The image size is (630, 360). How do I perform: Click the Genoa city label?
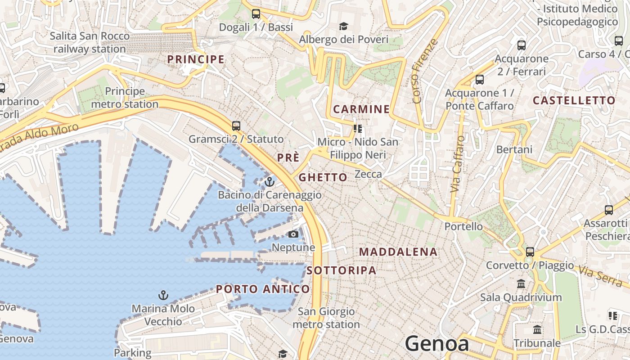pyautogui.click(x=437, y=344)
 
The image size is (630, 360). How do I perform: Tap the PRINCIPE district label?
pyautogui.click(x=196, y=59)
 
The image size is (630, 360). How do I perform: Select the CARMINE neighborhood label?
pyautogui.click(x=361, y=109)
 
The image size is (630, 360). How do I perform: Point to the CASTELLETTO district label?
pyautogui.click(x=574, y=100)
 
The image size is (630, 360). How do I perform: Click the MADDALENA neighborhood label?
pyautogui.click(x=398, y=252)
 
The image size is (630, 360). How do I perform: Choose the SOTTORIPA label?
pyautogui.click(x=342, y=270)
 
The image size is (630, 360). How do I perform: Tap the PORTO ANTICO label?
pyautogui.click(x=263, y=289)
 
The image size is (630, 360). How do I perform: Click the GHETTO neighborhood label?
pyautogui.click(x=323, y=177)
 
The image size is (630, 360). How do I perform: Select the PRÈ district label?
pyautogui.click(x=288, y=157)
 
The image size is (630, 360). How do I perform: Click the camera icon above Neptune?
pyautogui.click(x=293, y=234)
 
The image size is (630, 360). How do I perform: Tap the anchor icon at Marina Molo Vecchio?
pyautogui.click(x=163, y=295)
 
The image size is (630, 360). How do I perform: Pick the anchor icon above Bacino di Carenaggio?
pyautogui.click(x=270, y=182)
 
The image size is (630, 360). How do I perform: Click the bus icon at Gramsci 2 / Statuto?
pyautogui.click(x=236, y=126)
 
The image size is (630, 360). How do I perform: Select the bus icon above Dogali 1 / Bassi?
pyautogui.click(x=256, y=14)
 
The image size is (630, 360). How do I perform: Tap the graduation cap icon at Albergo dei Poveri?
pyautogui.click(x=344, y=26)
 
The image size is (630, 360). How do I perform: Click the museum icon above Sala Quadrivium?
pyautogui.click(x=521, y=284)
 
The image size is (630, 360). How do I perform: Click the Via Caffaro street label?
pyautogui.click(x=457, y=164)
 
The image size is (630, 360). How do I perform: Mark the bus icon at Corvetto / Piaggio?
pyautogui.click(x=530, y=252)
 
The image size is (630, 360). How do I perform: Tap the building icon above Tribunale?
pyautogui.click(x=537, y=330)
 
